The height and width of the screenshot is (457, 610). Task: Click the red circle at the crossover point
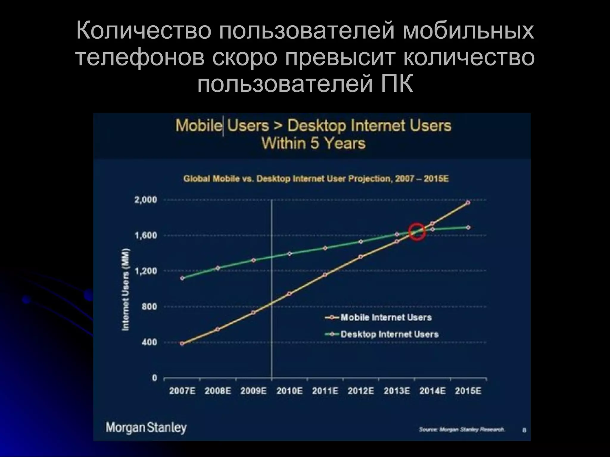click(x=417, y=231)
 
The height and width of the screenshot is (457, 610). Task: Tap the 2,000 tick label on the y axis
click(x=146, y=200)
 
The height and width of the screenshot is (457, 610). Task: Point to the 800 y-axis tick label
click(x=149, y=307)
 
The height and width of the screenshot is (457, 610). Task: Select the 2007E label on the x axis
click(x=182, y=391)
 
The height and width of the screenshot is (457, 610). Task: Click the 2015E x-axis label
click(x=468, y=391)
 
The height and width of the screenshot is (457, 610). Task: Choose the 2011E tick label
click(x=325, y=391)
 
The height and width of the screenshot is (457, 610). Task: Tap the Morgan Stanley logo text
click(x=146, y=428)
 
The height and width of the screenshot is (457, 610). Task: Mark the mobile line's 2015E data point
click(x=468, y=203)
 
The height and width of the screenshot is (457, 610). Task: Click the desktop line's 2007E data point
click(x=182, y=278)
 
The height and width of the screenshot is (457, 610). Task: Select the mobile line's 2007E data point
click(x=182, y=343)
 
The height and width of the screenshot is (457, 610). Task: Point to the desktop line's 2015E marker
click(x=468, y=227)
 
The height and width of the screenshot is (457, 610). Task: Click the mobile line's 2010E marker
click(x=289, y=294)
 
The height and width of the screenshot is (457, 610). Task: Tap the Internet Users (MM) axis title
click(x=126, y=289)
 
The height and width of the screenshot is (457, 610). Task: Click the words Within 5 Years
click(x=313, y=143)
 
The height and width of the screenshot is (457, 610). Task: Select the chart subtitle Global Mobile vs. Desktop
click(x=316, y=179)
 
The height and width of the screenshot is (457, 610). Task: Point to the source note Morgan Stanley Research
click(x=462, y=429)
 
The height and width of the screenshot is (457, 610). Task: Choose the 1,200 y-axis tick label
click(x=146, y=271)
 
